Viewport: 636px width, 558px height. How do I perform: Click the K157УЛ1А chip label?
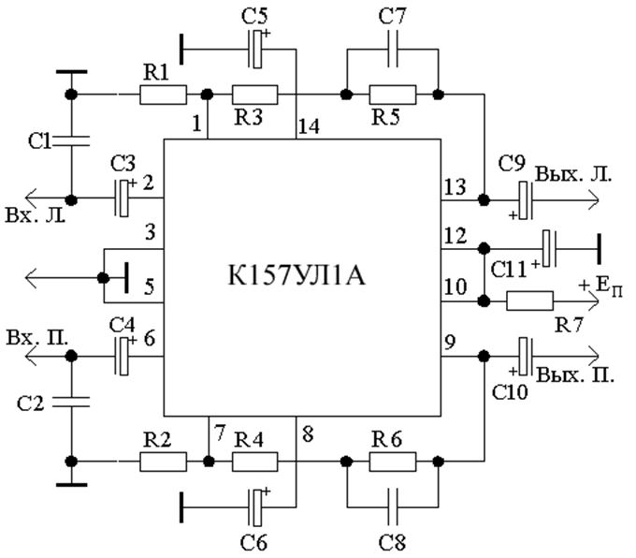click(301, 279)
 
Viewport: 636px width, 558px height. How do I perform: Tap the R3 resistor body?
click(255, 95)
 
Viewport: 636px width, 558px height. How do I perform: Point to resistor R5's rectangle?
click(393, 95)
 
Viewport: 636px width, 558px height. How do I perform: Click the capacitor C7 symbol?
click(393, 57)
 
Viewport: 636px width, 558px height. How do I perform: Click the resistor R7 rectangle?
click(529, 301)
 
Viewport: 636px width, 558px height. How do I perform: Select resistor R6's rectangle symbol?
click(393, 461)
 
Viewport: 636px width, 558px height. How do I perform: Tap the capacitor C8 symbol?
click(393, 502)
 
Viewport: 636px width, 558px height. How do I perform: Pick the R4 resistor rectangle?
click(255, 461)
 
